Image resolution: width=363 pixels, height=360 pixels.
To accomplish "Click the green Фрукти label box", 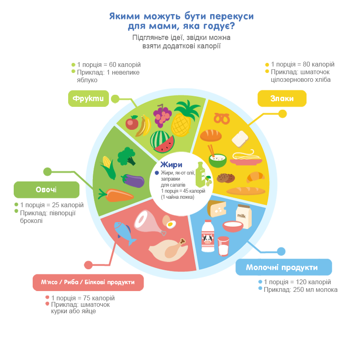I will click(88, 98).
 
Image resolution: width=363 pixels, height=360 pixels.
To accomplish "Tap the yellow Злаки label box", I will click(282, 98).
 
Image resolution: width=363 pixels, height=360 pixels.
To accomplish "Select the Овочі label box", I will click(46, 189).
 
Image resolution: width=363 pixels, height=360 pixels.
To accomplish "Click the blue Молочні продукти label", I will click(283, 267).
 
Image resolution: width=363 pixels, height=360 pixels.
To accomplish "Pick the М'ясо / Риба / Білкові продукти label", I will click(88, 282).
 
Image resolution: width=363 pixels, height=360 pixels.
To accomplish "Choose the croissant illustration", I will click(255, 176).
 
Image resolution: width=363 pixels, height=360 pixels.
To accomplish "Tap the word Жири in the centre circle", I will click(171, 164).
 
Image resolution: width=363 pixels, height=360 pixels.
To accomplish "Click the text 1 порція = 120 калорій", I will click(297, 282).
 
